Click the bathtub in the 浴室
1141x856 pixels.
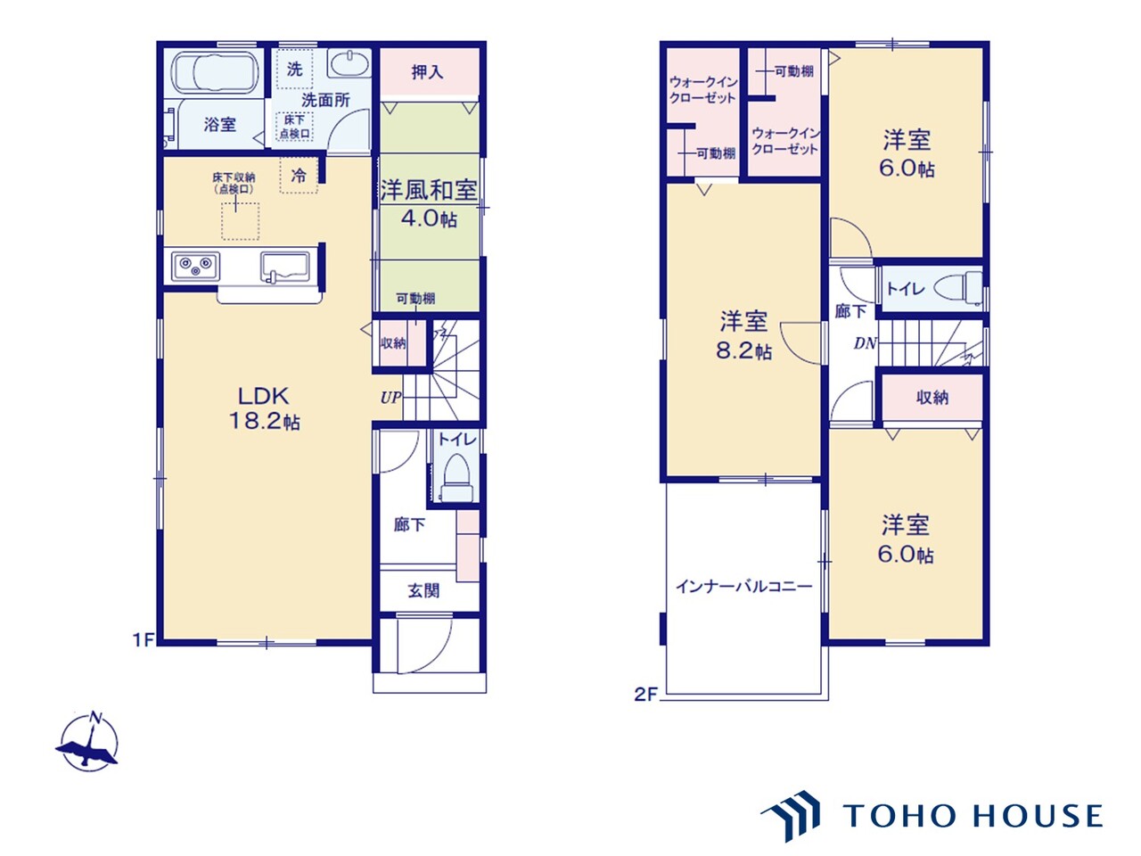point(214,72)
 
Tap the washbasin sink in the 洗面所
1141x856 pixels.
point(349,64)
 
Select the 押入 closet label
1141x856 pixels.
point(428,71)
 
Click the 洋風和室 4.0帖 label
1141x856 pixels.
point(429,203)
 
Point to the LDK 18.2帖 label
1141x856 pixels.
point(264,408)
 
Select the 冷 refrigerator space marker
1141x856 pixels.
point(299,176)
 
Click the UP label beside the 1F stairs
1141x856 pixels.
point(390,398)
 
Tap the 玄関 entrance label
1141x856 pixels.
point(423,590)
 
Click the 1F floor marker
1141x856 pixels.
point(144,639)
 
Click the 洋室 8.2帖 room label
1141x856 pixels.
point(743,334)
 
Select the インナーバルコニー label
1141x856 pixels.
point(743,587)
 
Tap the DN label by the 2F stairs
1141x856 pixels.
point(864,343)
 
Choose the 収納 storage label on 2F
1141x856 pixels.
point(932,398)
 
